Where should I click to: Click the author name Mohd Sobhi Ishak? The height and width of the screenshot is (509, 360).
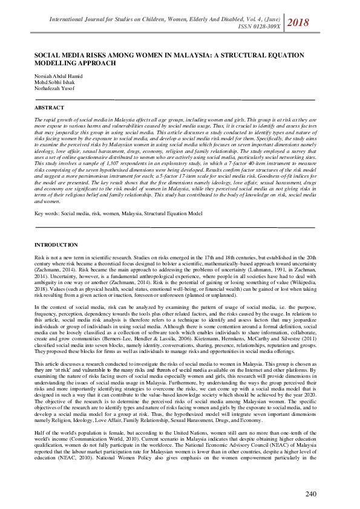(52, 82)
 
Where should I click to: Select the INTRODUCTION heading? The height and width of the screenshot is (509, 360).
(56, 245)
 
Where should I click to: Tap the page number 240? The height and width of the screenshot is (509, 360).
(310, 494)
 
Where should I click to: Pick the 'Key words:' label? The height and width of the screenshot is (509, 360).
(47, 213)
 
